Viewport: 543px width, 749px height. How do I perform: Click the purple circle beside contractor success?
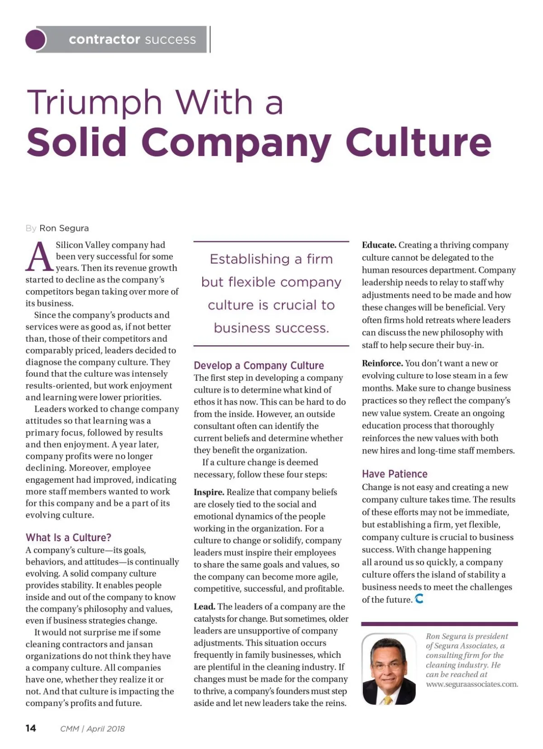[x=36, y=39]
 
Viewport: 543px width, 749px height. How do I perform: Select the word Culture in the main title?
[x=419, y=142]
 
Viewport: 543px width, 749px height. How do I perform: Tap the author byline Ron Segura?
[x=64, y=228]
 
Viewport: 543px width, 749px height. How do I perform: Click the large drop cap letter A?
[x=39, y=257]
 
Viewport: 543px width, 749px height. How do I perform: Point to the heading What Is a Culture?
[x=68, y=537]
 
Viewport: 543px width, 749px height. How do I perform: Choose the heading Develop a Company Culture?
[x=259, y=365]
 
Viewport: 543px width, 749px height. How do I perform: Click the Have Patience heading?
[x=395, y=474]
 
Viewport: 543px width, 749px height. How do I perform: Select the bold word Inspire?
[x=209, y=492]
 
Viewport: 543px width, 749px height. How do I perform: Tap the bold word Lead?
[x=204, y=607]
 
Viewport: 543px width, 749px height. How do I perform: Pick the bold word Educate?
[x=379, y=245]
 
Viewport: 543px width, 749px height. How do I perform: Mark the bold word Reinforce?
[x=382, y=363]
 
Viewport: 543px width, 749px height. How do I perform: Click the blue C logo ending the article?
[x=419, y=599]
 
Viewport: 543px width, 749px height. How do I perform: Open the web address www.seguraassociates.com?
[x=472, y=684]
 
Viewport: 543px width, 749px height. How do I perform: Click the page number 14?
[x=31, y=728]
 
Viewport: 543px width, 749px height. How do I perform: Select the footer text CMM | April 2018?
[x=92, y=729]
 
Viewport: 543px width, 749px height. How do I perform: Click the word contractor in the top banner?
[x=105, y=39]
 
